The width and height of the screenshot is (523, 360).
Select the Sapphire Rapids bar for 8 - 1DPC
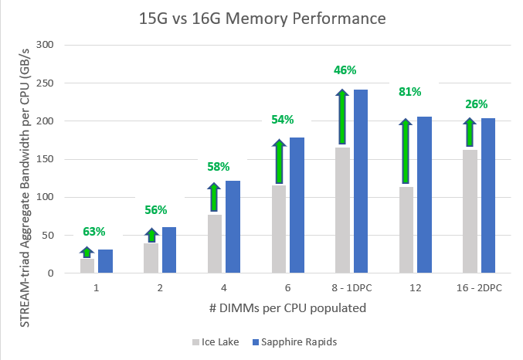click(361, 182)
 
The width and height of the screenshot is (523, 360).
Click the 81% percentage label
click(409, 92)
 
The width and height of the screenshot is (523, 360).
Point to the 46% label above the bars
click(345, 70)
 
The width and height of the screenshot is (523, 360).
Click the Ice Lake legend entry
click(218, 341)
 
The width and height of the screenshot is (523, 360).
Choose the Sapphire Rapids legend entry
click(297, 341)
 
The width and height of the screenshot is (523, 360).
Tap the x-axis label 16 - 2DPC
click(479, 287)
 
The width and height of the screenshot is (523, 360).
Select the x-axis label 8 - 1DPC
click(351, 287)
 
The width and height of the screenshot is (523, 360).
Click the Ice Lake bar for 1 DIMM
click(87, 266)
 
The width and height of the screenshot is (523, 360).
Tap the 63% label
click(94, 231)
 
